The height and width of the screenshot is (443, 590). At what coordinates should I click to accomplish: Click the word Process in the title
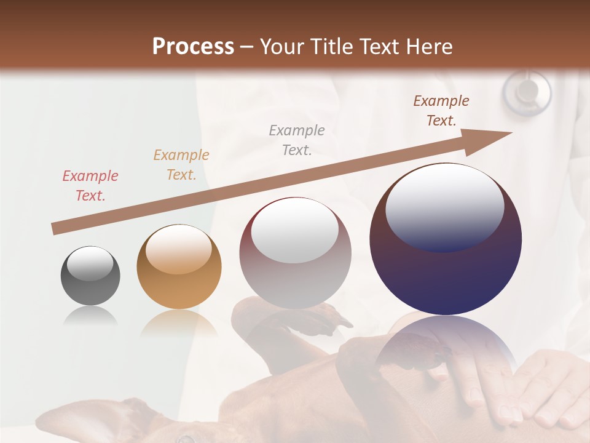click(x=193, y=46)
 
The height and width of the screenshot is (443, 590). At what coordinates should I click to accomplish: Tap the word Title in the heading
click(x=331, y=46)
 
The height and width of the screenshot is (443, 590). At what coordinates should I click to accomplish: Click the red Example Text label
click(x=90, y=186)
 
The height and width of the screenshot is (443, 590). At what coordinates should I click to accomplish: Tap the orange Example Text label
click(x=181, y=165)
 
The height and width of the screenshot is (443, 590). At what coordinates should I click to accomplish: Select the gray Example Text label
click(x=297, y=140)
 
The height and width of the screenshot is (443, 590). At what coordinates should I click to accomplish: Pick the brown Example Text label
click(x=441, y=111)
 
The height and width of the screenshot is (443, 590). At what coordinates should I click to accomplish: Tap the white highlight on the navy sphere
click(x=444, y=206)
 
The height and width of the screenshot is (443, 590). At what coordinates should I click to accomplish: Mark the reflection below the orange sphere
click(x=179, y=323)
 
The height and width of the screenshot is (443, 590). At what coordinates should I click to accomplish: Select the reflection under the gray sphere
click(x=90, y=316)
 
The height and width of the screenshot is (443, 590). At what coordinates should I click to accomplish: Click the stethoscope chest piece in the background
click(x=527, y=92)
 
